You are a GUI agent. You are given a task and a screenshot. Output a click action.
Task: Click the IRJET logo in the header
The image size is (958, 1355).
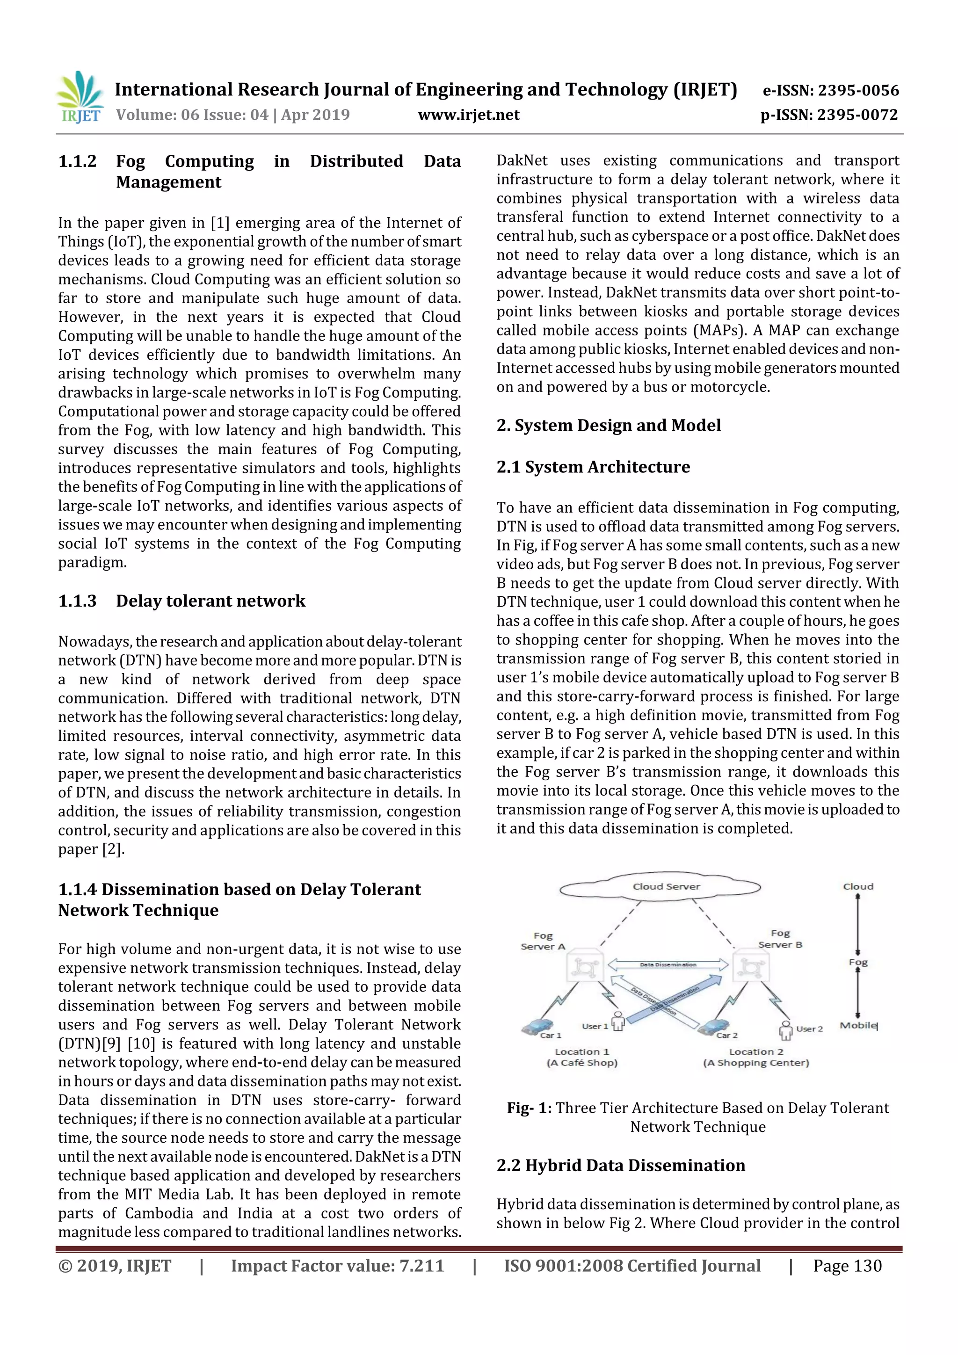[x=80, y=97]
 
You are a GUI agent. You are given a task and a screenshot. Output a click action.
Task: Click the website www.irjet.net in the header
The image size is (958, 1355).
[x=469, y=115]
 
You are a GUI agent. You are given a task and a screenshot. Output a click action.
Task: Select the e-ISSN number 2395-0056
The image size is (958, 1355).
[x=830, y=90]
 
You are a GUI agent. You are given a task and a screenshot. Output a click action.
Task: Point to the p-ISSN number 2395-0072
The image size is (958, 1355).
[x=829, y=115]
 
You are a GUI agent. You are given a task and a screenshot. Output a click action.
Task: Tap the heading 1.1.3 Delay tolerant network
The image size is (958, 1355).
[x=182, y=601]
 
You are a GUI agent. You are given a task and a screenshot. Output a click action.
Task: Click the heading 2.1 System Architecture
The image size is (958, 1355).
[x=593, y=467]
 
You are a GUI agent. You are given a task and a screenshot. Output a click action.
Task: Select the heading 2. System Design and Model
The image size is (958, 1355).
[x=608, y=426]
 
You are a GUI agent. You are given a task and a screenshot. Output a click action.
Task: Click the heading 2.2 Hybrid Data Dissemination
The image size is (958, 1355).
[x=620, y=1166]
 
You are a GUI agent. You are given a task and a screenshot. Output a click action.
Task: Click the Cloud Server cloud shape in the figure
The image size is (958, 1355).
[x=660, y=886]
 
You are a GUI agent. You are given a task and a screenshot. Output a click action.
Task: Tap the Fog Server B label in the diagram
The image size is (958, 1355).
[x=780, y=939]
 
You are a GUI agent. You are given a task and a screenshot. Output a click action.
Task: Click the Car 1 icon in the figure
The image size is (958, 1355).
[x=537, y=1027]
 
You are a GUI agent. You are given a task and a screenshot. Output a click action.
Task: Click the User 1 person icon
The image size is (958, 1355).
[x=618, y=1021]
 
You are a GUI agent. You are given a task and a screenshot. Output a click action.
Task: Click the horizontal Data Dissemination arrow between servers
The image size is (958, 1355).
[x=668, y=965]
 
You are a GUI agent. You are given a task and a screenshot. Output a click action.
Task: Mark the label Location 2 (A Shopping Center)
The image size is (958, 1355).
[x=755, y=1057]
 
